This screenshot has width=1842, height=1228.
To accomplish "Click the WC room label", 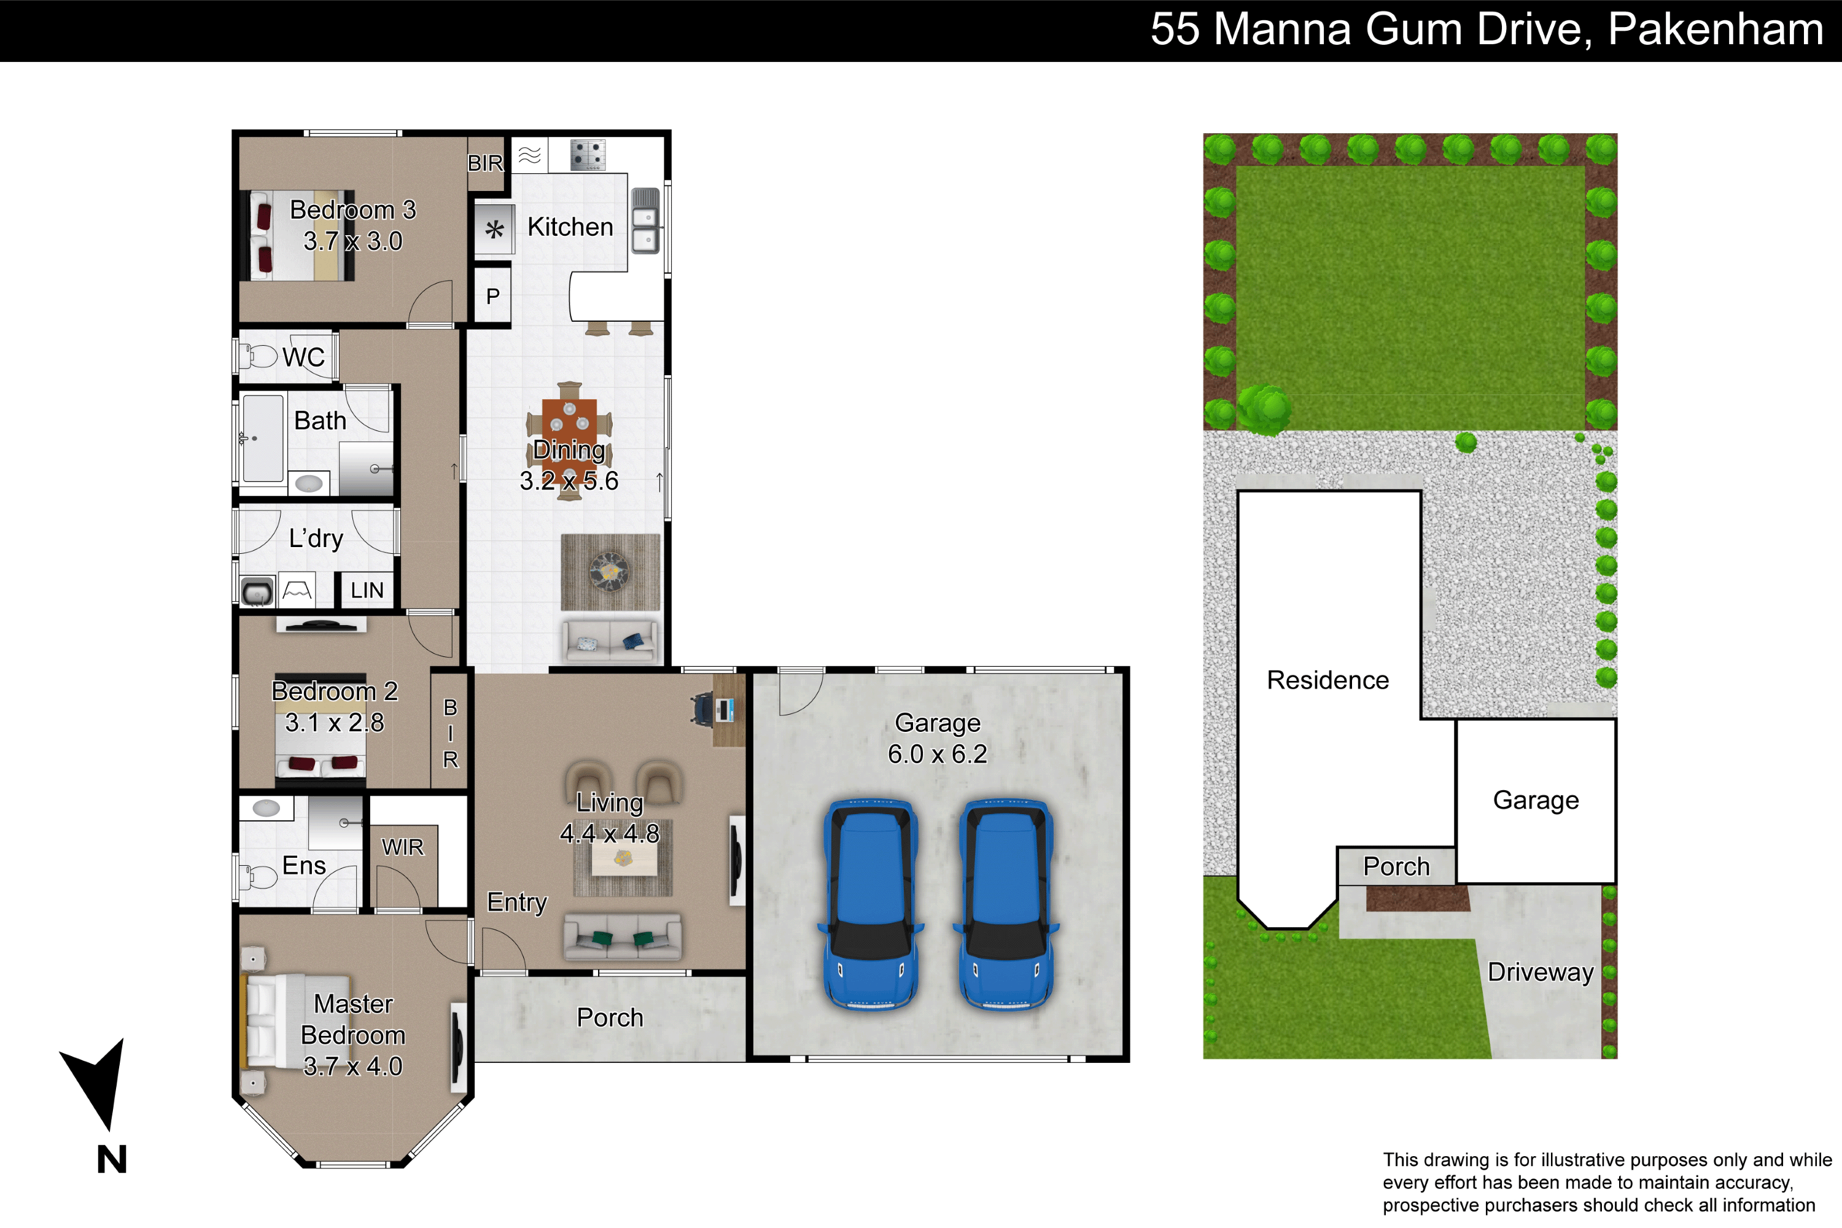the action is [x=303, y=357].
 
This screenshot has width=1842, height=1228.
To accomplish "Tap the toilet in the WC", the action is [x=258, y=356].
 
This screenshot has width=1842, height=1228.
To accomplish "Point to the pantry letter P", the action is [x=492, y=296].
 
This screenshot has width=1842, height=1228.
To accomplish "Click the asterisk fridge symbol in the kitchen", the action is [x=494, y=230].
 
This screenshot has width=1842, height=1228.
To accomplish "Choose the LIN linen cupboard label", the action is [x=367, y=591].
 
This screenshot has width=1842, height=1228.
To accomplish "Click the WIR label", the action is [x=403, y=847].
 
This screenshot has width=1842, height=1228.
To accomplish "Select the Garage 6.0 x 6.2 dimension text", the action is [x=938, y=754].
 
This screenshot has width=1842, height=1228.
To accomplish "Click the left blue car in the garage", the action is [x=870, y=904].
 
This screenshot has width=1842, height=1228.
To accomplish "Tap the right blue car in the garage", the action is [x=1006, y=904].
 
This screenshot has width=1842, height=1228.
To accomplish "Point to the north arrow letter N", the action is [x=112, y=1159].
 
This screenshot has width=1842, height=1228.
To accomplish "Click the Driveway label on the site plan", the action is [x=1541, y=972].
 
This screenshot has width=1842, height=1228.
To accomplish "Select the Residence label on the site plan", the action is [x=1328, y=680].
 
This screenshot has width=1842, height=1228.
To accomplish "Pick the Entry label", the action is [x=517, y=902].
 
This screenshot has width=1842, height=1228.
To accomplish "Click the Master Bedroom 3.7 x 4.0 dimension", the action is [x=352, y=1066].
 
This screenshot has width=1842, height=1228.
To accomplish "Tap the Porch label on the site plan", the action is [x=1396, y=866].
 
